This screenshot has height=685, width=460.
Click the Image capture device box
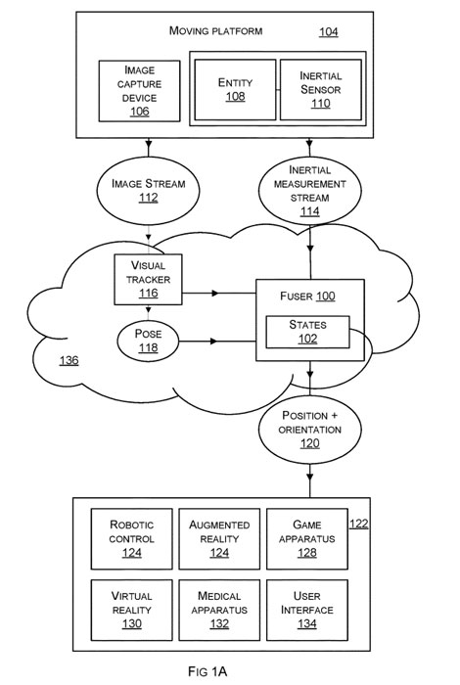click(x=139, y=91)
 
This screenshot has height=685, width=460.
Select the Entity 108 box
click(x=235, y=90)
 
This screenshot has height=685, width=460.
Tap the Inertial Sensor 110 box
click(x=321, y=90)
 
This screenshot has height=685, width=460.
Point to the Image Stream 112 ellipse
click(x=148, y=191)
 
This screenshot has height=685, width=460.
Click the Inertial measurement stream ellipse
click(x=309, y=191)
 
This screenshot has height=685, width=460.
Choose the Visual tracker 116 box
click(x=148, y=280)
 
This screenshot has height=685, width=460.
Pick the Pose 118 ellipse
click(x=148, y=341)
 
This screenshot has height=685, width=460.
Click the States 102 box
click(x=307, y=332)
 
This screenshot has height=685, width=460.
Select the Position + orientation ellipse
click(x=309, y=429)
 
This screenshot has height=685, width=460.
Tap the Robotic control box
click(x=131, y=538)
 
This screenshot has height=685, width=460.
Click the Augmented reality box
click(x=219, y=538)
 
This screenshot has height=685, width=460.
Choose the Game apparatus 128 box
click(x=307, y=538)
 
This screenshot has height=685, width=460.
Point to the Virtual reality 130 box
click(x=131, y=610)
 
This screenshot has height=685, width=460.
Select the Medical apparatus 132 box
click(x=219, y=610)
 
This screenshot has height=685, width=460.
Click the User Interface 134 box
click(x=307, y=610)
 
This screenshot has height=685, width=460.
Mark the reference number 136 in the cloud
click(x=69, y=360)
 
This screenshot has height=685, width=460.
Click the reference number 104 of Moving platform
click(x=329, y=32)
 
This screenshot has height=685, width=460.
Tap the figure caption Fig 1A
click(x=207, y=671)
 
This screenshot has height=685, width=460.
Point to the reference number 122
click(x=359, y=524)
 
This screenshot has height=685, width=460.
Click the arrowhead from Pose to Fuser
click(x=213, y=341)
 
